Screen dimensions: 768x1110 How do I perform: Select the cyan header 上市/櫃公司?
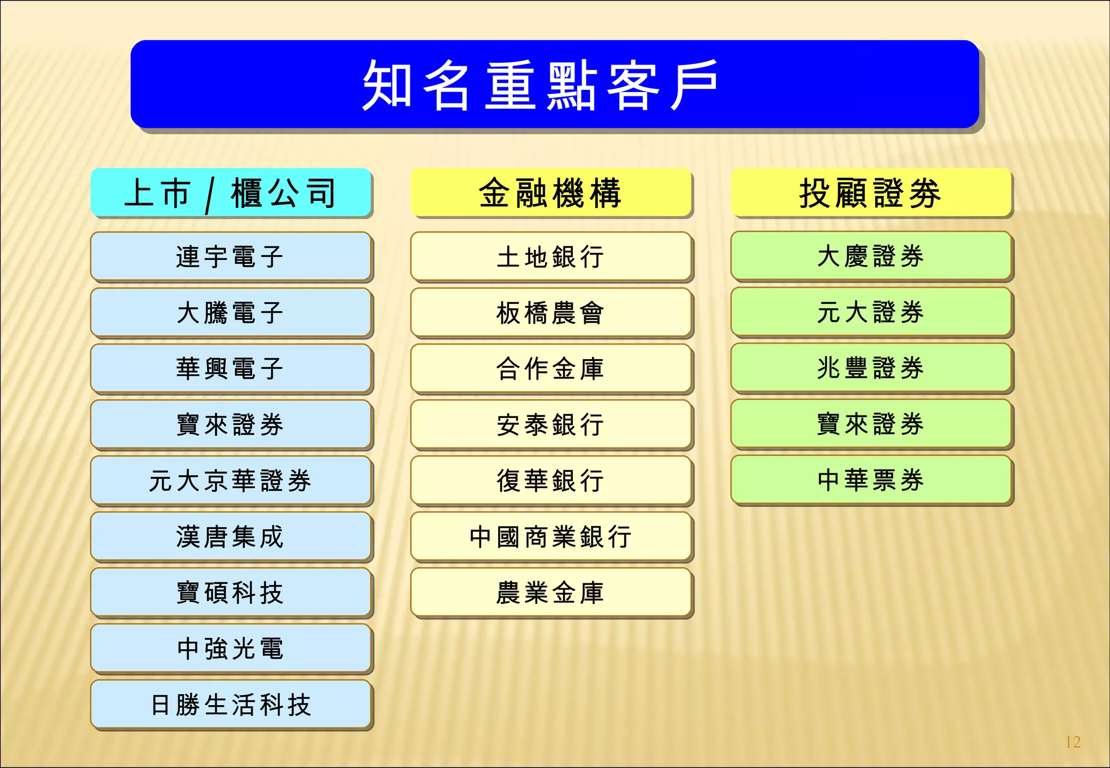click(231, 193)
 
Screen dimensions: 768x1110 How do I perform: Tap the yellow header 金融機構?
click(551, 193)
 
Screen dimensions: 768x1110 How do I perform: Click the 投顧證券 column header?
click(870, 193)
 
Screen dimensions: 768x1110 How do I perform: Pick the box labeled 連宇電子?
click(231, 256)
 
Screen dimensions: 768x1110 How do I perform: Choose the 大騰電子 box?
click(231, 313)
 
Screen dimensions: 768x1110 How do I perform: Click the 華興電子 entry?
click(231, 368)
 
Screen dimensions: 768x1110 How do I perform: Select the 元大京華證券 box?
click(231, 480)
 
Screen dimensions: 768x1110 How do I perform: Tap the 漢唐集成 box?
click(231, 536)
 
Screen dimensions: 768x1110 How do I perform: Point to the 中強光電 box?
click(231, 648)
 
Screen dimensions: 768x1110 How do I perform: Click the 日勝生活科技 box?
click(231, 705)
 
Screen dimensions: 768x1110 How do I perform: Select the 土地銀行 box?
click(551, 256)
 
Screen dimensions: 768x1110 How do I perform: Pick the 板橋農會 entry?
click(551, 313)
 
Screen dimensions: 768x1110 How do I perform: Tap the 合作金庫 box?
click(551, 368)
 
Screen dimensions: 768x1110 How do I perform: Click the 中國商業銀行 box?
click(551, 536)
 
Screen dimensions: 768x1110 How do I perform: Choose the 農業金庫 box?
click(551, 593)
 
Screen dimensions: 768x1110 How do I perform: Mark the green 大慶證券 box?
click(870, 256)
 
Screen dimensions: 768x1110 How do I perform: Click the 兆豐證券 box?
click(870, 368)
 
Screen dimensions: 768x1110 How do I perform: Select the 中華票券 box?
click(870, 480)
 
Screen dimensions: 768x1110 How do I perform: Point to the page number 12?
click(1073, 741)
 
